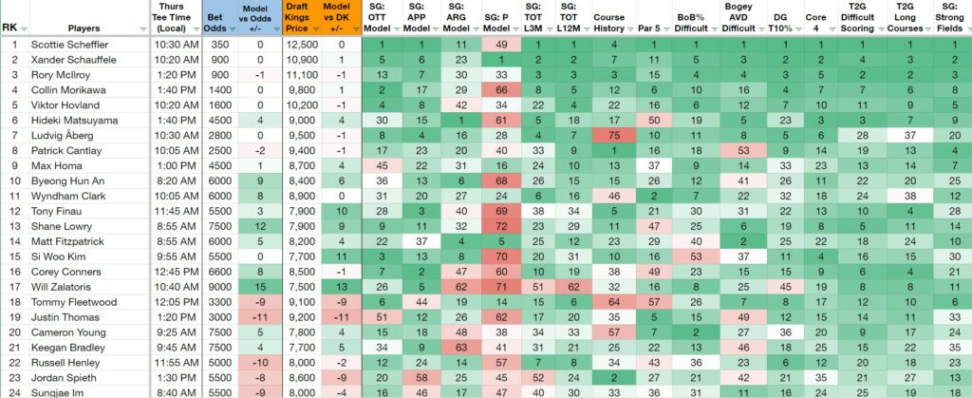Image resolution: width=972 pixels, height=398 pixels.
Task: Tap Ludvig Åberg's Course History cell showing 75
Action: (x=614, y=136)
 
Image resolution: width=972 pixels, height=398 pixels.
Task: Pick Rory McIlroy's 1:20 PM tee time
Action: (x=175, y=75)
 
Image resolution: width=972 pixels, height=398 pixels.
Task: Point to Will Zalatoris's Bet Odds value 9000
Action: (x=219, y=287)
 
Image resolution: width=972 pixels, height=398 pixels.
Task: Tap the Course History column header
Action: (x=608, y=23)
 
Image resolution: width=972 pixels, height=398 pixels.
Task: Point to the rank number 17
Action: (x=13, y=287)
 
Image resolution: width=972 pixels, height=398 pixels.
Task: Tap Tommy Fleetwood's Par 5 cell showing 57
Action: (x=653, y=302)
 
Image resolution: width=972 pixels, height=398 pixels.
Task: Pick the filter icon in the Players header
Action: (x=144, y=29)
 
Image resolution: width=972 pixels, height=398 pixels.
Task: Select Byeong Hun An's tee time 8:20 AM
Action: (x=175, y=181)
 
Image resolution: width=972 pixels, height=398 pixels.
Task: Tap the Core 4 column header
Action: (x=815, y=23)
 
